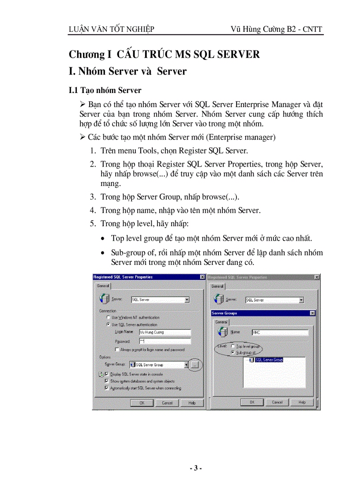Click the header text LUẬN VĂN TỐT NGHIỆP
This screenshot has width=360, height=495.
coord(111,30)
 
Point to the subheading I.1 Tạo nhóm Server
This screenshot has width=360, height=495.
coord(105,90)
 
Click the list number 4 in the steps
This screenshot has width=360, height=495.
coord(93,210)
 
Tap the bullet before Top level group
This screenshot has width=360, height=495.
coord(103,239)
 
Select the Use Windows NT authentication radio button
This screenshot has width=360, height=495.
coord(109,317)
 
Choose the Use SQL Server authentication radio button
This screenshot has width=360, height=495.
coord(109,324)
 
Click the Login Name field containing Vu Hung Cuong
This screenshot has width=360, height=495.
coord(165,332)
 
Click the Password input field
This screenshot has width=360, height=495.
coord(165,341)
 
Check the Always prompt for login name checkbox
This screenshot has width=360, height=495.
coord(117,350)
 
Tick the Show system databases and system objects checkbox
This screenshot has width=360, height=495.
coord(107,381)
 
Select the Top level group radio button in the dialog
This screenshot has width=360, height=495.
coord(232,346)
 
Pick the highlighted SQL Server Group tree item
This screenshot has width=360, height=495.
coord(269,360)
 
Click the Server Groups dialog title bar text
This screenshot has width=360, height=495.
coord(225,313)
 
